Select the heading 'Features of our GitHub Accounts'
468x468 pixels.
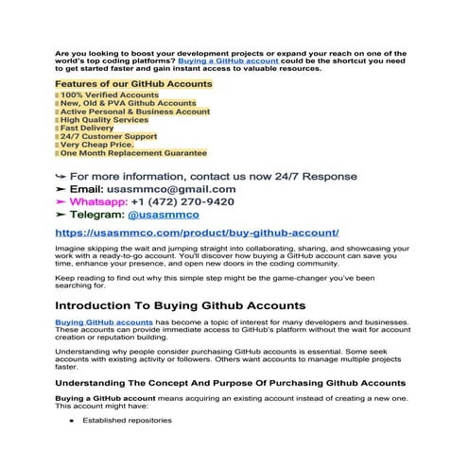pos(133,84)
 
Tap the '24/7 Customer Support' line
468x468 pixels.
pos(111,136)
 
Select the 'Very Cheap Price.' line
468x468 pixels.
pos(104,145)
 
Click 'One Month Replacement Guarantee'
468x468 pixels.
pos(133,153)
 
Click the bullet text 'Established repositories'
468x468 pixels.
pos(127,420)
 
